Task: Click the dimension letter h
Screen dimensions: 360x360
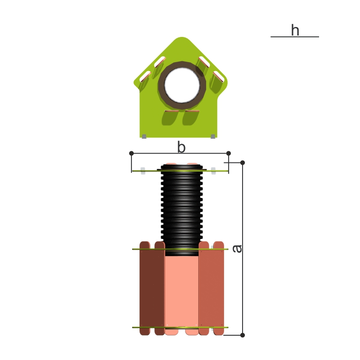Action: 295,30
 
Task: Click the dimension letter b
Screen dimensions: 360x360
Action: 181,147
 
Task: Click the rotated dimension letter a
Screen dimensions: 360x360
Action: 237,249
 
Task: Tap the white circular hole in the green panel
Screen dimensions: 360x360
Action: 182,85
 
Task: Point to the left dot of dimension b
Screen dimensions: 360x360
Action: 131,153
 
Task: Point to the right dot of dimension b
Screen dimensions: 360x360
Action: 229,153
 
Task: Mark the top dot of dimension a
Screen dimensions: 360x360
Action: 243,163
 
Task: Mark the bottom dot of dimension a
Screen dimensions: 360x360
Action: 243,335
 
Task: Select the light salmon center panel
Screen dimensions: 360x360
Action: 182,292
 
